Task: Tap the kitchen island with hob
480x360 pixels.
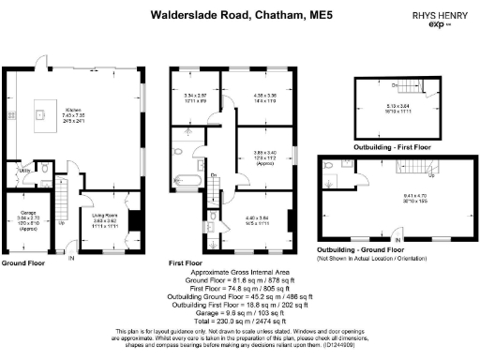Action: click(40, 116)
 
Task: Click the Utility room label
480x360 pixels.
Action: click(27, 172)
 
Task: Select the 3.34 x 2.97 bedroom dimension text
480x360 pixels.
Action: click(194, 96)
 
